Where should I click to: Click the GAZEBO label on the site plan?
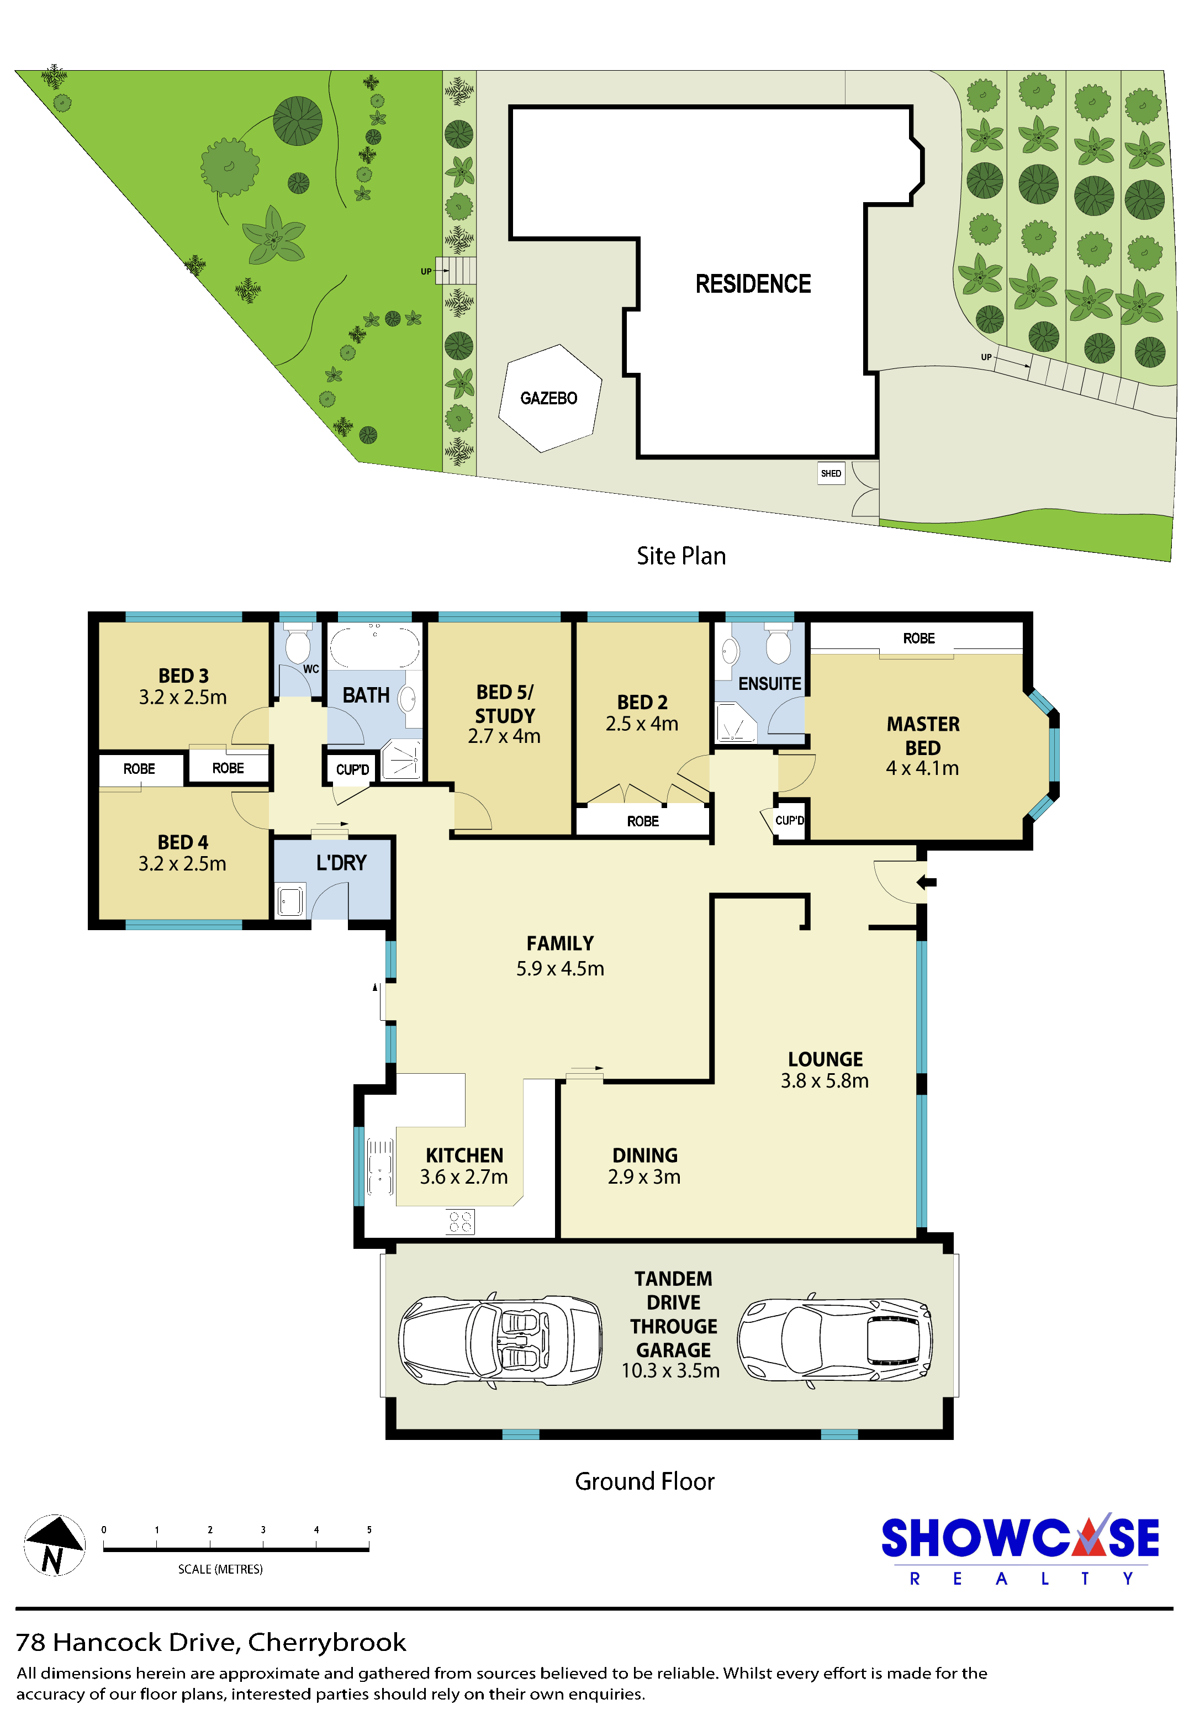click(x=548, y=398)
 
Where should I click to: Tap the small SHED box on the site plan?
click(x=831, y=473)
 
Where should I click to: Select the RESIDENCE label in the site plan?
click(x=753, y=284)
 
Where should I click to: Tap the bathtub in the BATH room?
click(x=375, y=645)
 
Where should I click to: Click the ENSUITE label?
click(x=769, y=683)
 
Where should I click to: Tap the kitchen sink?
click(x=380, y=1166)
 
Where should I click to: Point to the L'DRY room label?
click(x=341, y=863)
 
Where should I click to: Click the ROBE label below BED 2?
click(x=642, y=821)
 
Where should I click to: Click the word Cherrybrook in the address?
click(x=327, y=1642)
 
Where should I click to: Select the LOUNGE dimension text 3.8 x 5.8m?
click(x=825, y=1080)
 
